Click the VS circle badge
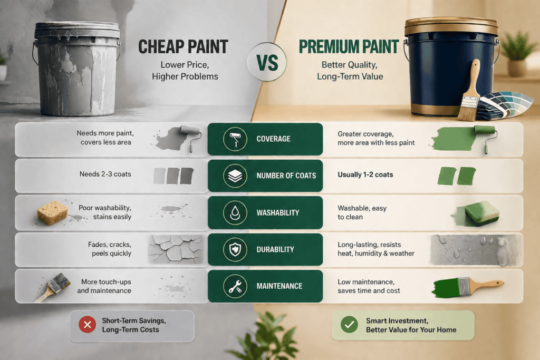pos(267,62)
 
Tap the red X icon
pos(88,325)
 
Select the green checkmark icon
pos(349,325)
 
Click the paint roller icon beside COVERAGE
pos(235,139)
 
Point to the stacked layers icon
pos(235,176)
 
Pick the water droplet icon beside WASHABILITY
pos(235,213)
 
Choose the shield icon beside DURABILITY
pos(235,249)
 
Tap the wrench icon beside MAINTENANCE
pos(235,286)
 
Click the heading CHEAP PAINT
pos(183,47)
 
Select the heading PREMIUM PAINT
pos(349,47)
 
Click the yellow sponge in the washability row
pos(52,213)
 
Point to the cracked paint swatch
pos(176,249)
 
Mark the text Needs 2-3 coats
pos(105,174)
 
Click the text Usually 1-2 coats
pos(365,174)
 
